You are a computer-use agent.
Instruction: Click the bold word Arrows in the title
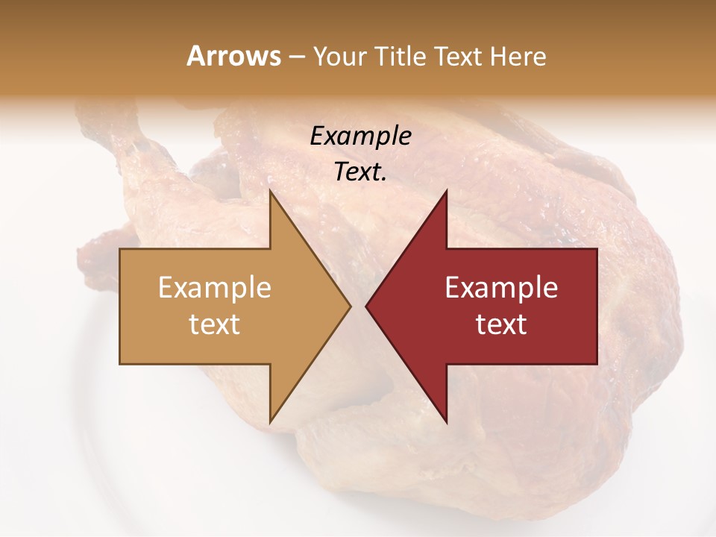tap(234, 56)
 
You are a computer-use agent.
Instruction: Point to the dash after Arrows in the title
tap(297, 57)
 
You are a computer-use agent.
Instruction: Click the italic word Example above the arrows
tap(360, 136)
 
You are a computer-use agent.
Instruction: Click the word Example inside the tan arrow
tap(215, 288)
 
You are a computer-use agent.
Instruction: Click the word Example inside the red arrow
tap(501, 288)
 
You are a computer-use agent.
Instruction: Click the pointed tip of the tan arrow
tap(351, 306)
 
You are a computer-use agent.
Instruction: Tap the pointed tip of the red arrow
tap(366, 306)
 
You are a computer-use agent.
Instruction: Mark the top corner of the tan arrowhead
tap(270, 190)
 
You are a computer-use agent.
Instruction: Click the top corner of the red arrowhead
tap(446, 190)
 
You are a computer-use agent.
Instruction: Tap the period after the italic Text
tap(384, 180)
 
